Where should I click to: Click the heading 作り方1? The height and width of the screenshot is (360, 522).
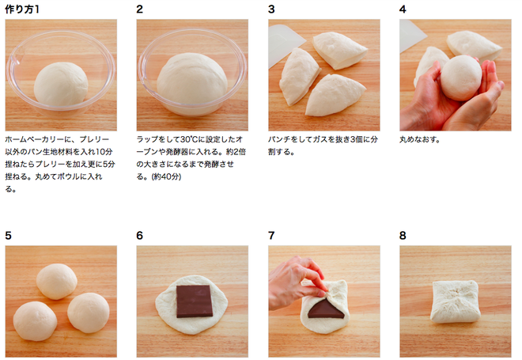(22, 9)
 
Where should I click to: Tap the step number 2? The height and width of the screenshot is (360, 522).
(140, 9)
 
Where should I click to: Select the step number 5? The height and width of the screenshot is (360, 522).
(9, 236)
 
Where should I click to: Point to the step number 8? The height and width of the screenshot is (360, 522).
(403, 236)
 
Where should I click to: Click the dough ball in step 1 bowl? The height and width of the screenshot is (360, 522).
(61, 84)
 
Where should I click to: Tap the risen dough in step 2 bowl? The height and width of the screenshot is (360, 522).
(192, 81)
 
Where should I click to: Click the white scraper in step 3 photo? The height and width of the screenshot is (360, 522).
(284, 44)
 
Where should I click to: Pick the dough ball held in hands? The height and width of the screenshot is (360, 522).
(461, 78)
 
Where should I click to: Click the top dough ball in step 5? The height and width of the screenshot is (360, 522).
(57, 282)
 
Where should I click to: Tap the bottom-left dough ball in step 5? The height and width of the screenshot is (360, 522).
(35, 320)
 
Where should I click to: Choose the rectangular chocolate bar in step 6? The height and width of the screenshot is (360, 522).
(195, 301)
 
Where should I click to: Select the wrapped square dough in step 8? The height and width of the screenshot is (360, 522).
(456, 301)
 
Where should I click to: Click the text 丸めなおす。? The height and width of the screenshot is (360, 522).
(420, 139)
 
